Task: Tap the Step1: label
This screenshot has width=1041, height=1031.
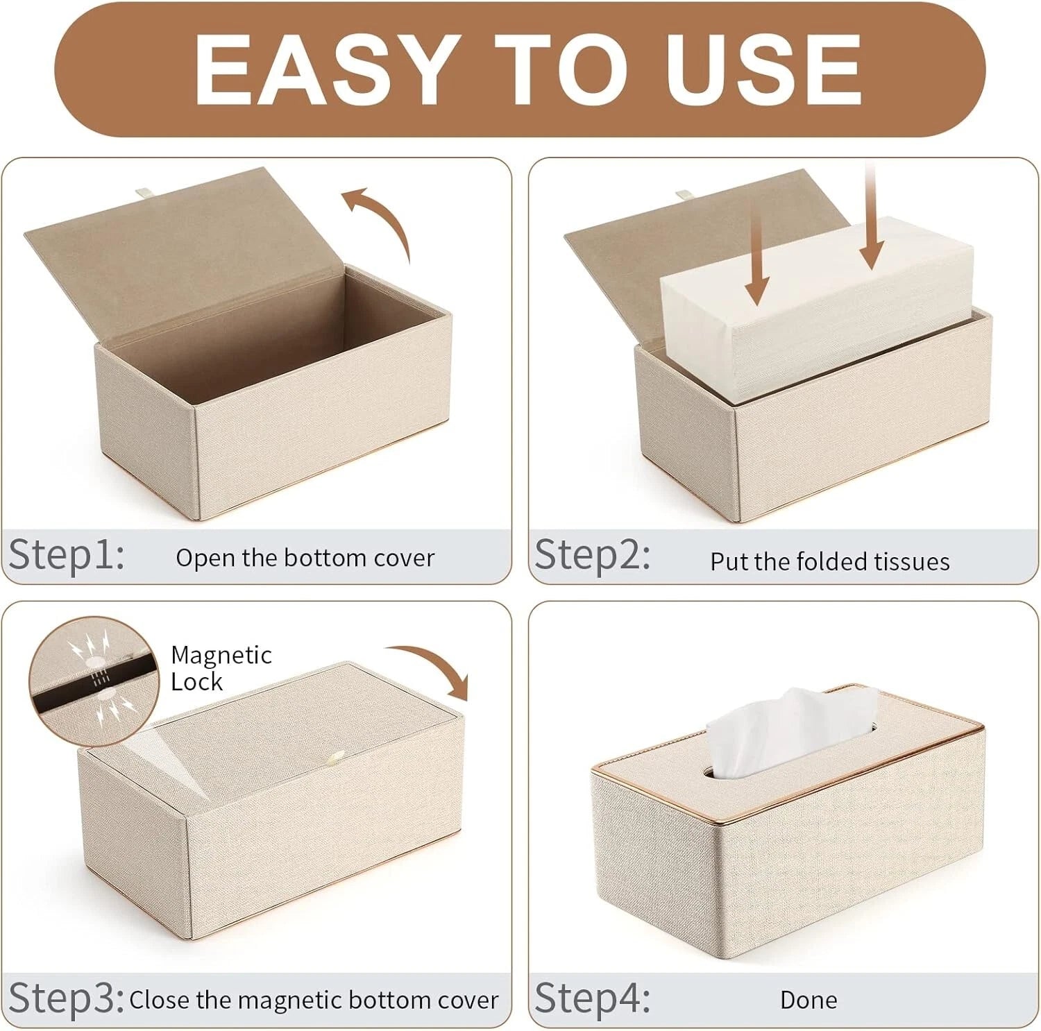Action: tap(67, 555)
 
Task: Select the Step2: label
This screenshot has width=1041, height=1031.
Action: tap(593, 555)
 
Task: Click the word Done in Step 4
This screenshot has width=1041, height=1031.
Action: tap(809, 1000)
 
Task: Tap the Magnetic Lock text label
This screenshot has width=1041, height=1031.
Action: tap(221, 667)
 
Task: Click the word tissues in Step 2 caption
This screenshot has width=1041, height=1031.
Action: tap(911, 561)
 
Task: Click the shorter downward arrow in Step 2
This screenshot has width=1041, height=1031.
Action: tap(756, 260)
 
